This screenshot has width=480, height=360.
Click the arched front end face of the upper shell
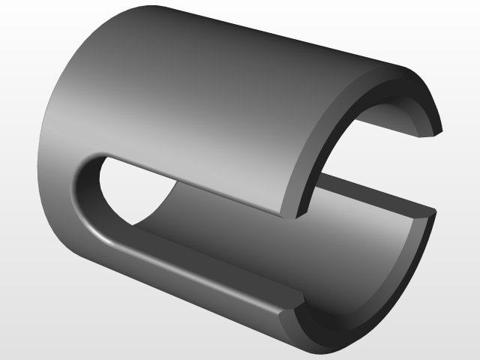pos(330,127)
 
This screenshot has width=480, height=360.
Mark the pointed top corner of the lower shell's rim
pos(433,211)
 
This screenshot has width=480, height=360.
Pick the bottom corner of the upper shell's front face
pos(298,216)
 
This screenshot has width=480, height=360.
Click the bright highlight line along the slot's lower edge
pos(187,270)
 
